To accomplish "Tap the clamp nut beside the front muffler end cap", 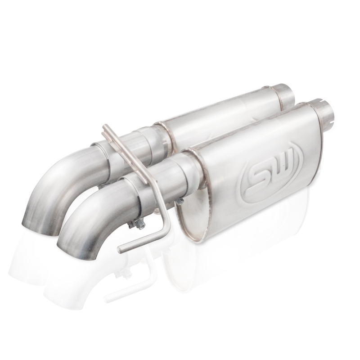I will click(x=180, y=202).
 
